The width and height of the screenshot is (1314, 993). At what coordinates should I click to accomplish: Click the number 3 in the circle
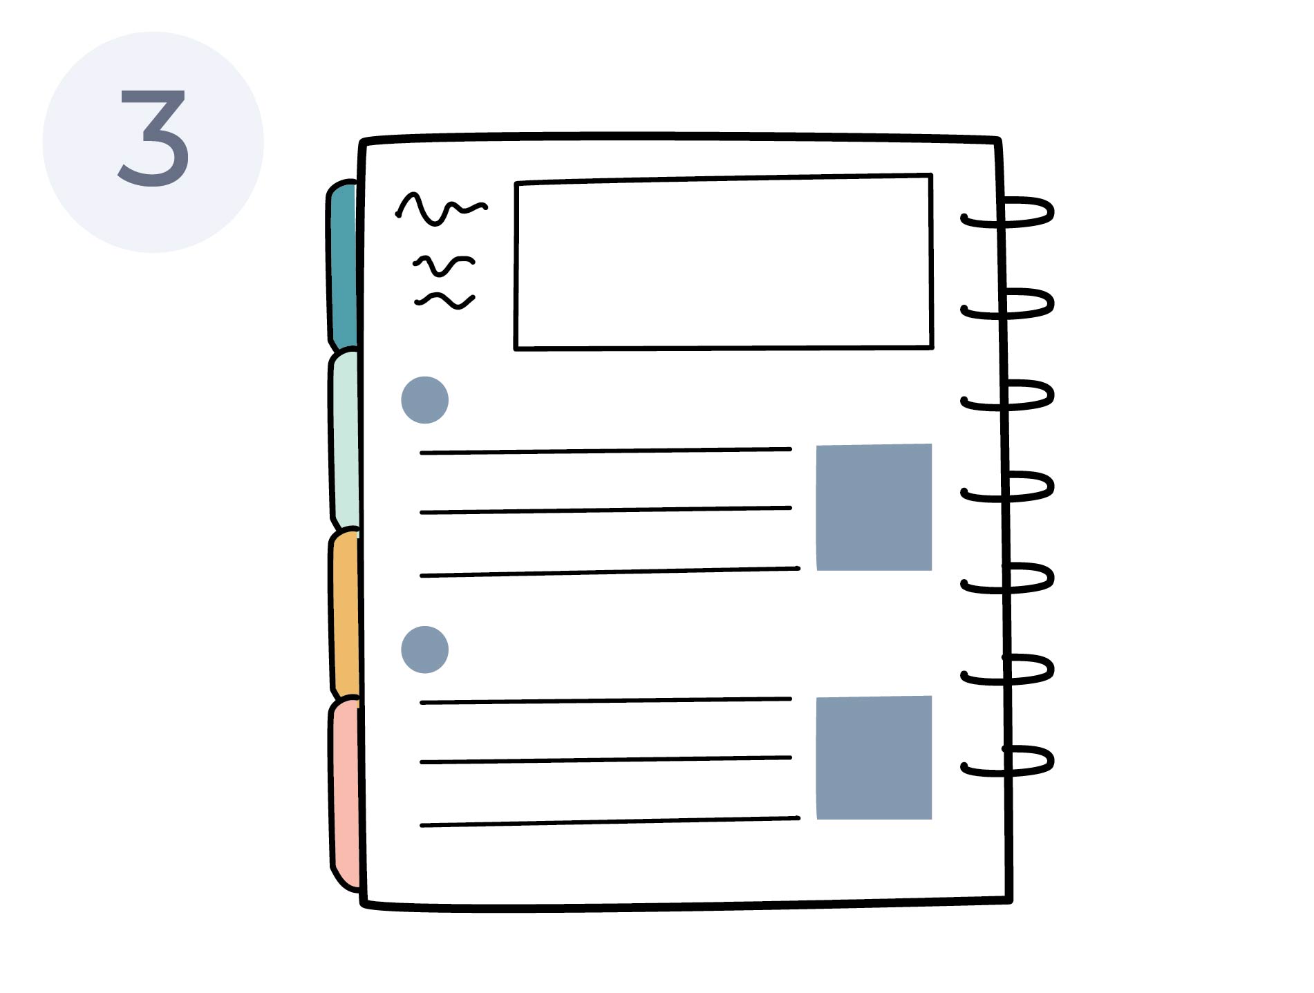point(153,138)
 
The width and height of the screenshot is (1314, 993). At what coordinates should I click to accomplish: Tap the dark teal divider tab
point(343,266)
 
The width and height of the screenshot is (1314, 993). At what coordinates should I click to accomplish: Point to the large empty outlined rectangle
point(724,263)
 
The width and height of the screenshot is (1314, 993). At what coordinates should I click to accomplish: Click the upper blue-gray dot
point(424,399)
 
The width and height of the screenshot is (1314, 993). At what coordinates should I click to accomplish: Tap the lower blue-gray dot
point(424,650)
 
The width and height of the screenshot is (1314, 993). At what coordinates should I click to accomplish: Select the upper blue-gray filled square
point(874,507)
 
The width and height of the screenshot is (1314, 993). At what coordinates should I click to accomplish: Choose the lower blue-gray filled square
point(874,757)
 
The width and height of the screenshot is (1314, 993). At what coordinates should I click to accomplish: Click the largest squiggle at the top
point(441,207)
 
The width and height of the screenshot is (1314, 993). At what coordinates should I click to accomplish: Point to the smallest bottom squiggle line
point(444,301)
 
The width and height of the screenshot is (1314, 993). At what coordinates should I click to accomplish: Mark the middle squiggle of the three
point(444,264)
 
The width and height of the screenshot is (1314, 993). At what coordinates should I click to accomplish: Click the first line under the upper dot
point(606,451)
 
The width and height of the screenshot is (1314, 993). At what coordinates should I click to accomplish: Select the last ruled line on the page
point(610,822)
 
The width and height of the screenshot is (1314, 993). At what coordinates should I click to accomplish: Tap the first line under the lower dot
point(606,701)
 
